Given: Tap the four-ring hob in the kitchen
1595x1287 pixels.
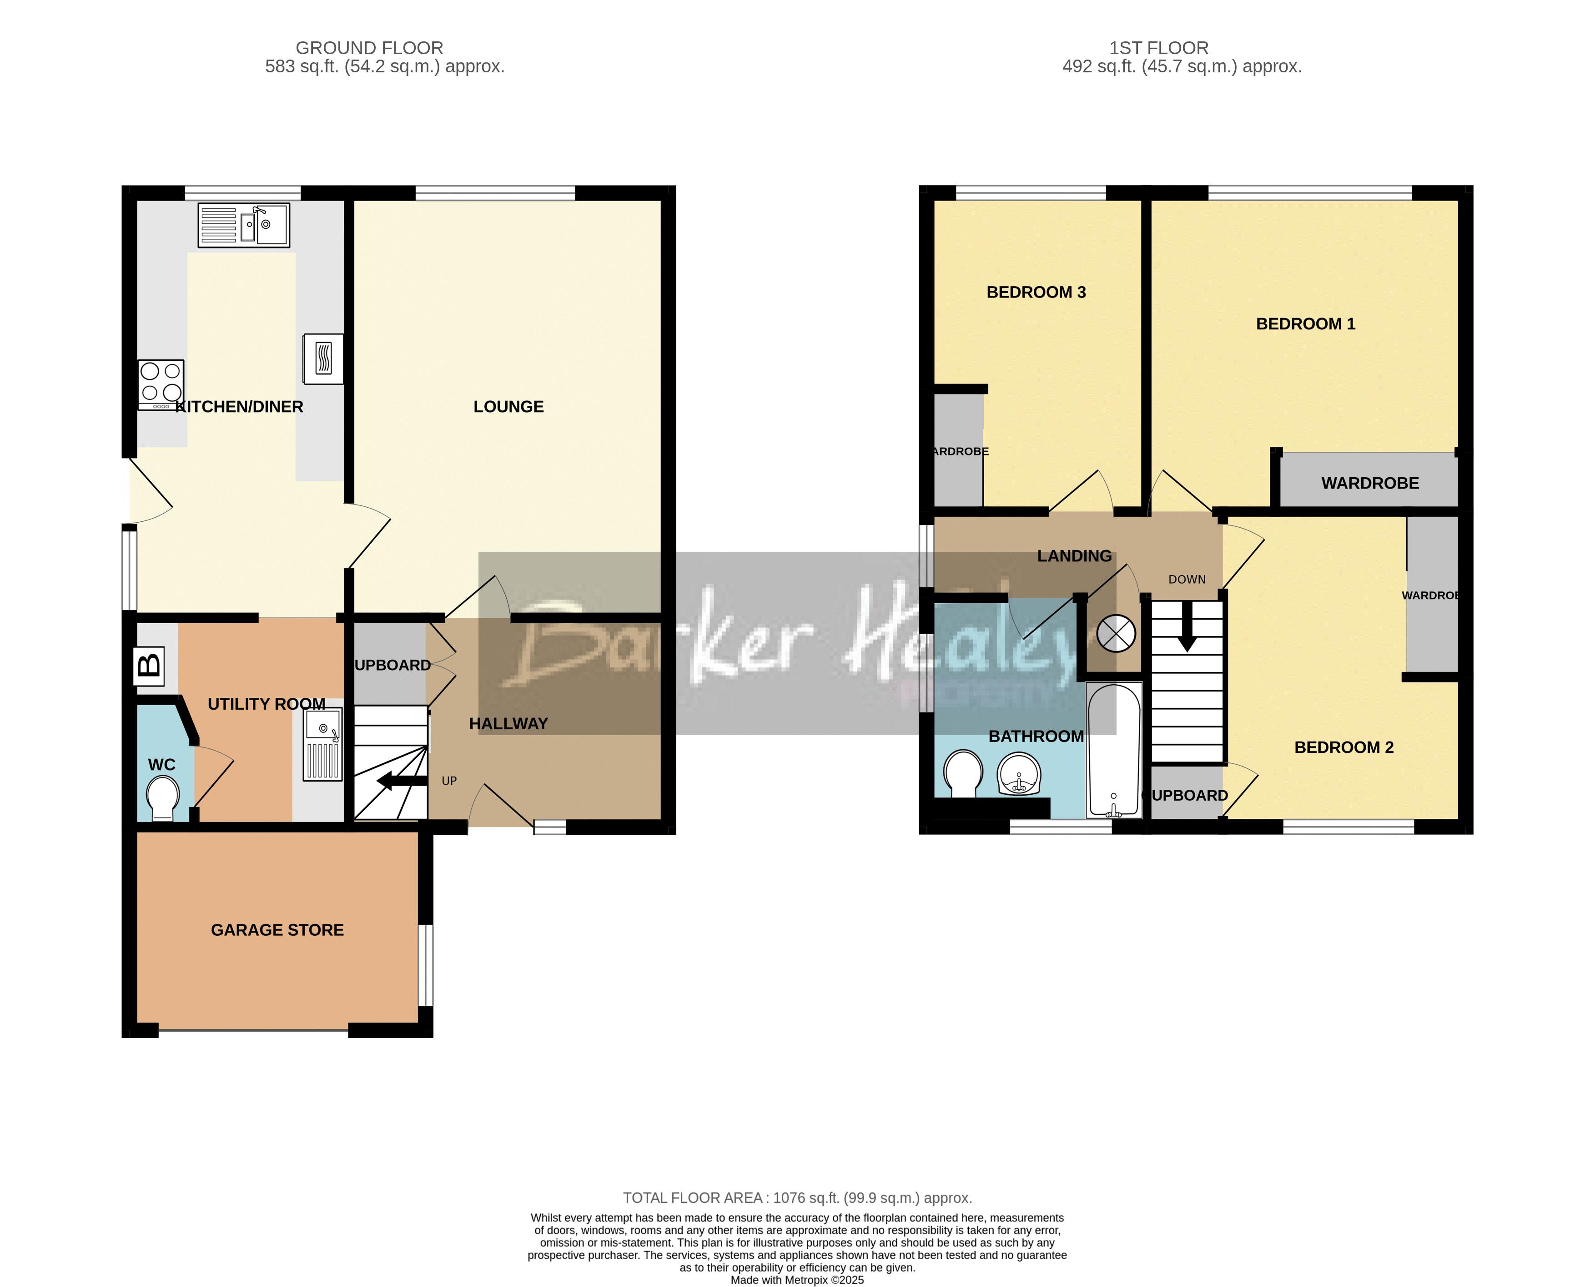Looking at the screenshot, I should click(161, 384).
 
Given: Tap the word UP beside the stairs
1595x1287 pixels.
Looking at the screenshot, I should click(449, 781).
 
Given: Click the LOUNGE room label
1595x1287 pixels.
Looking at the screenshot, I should click(508, 406).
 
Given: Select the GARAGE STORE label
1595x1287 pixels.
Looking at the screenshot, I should click(277, 930).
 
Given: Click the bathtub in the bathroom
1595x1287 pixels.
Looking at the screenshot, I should click(1113, 749).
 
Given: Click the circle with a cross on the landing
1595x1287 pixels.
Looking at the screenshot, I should click(1116, 634).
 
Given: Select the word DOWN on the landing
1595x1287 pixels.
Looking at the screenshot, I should click(1187, 579).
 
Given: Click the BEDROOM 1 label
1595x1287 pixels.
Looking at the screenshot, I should click(1305, 323).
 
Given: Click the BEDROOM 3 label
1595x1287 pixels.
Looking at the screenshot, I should click(1036, 292).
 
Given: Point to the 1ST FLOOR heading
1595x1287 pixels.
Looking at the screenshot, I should click(1158, 48).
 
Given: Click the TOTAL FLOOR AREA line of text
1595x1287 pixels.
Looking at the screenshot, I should click(797, 1197).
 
